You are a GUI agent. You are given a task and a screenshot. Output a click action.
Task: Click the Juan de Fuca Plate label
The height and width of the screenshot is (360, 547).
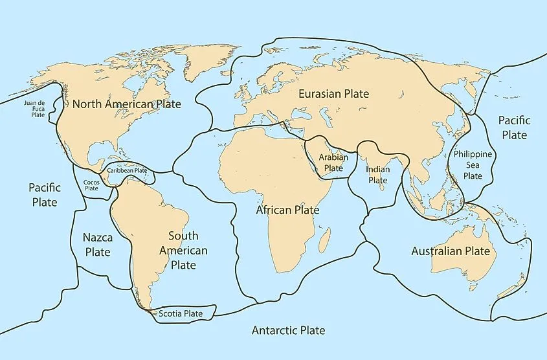coord(34,108)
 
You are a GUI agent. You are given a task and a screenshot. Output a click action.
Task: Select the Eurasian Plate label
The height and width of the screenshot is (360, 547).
coord(333,94)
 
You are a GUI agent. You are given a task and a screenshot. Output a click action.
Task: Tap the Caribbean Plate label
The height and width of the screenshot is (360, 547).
coord(127,170)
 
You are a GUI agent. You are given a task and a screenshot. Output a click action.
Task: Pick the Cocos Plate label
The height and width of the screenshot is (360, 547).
coord(91,186)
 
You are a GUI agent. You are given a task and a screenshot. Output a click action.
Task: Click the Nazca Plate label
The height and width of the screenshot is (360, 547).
coord(97,245)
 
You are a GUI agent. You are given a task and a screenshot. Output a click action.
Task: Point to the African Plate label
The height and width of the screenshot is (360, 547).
coord(287,210)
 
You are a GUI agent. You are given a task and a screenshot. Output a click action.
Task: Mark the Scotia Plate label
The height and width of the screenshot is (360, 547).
coord(183,314)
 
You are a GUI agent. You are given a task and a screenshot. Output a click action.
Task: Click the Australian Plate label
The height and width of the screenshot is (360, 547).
coord(451,251)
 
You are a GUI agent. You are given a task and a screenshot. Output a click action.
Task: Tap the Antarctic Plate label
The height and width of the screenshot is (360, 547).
coord(288,331)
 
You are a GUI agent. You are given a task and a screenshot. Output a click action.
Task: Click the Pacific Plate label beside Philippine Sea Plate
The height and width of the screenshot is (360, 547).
coord(513,128)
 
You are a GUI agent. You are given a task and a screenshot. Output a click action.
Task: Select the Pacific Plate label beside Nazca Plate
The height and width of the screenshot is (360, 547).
coord(44,194)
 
